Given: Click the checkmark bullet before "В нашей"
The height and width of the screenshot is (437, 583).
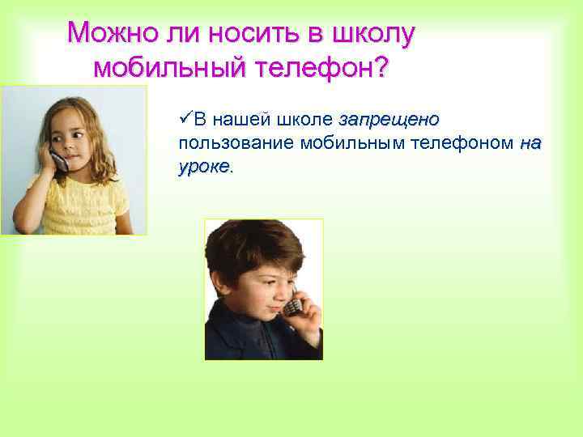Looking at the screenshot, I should tap(184, 120).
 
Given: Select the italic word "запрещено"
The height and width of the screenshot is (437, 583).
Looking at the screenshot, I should tap(389, 120).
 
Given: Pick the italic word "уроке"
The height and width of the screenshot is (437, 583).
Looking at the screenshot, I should tap(203, 167).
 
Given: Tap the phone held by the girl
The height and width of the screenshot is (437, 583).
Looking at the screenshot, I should tap(57, 158).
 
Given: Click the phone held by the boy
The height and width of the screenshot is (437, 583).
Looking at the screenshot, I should tap(293, 307).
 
